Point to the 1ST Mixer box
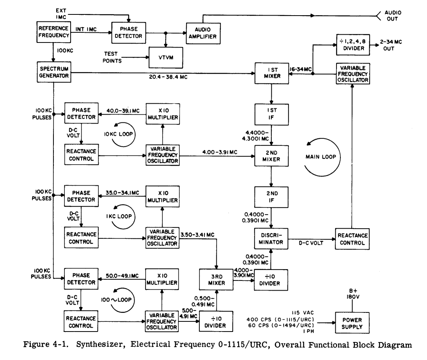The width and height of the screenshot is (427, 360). (x=269, y=73)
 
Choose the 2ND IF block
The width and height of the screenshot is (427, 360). (x=269, y=196)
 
